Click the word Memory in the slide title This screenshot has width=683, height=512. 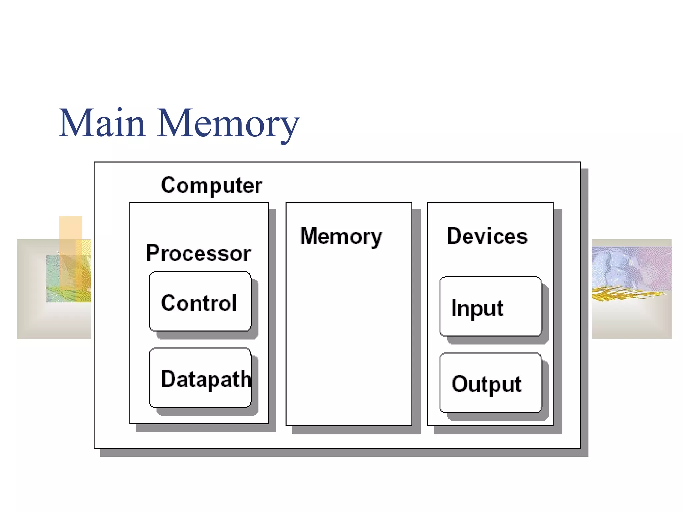(228, 124)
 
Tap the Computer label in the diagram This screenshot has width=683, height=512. (211, 185)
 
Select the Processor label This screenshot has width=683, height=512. (198, 253)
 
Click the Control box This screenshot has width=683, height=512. (200, 301)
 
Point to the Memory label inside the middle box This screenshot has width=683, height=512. (341, 236)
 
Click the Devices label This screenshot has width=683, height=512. (487, 236)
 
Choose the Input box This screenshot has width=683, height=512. (490, 306)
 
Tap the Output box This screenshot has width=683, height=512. (490, 383)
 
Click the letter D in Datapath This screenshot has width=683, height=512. (168, 379)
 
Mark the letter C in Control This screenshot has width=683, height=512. (168, 303)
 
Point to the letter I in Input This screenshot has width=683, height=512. (454, 307)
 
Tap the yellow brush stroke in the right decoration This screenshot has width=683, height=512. (624, 294)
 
